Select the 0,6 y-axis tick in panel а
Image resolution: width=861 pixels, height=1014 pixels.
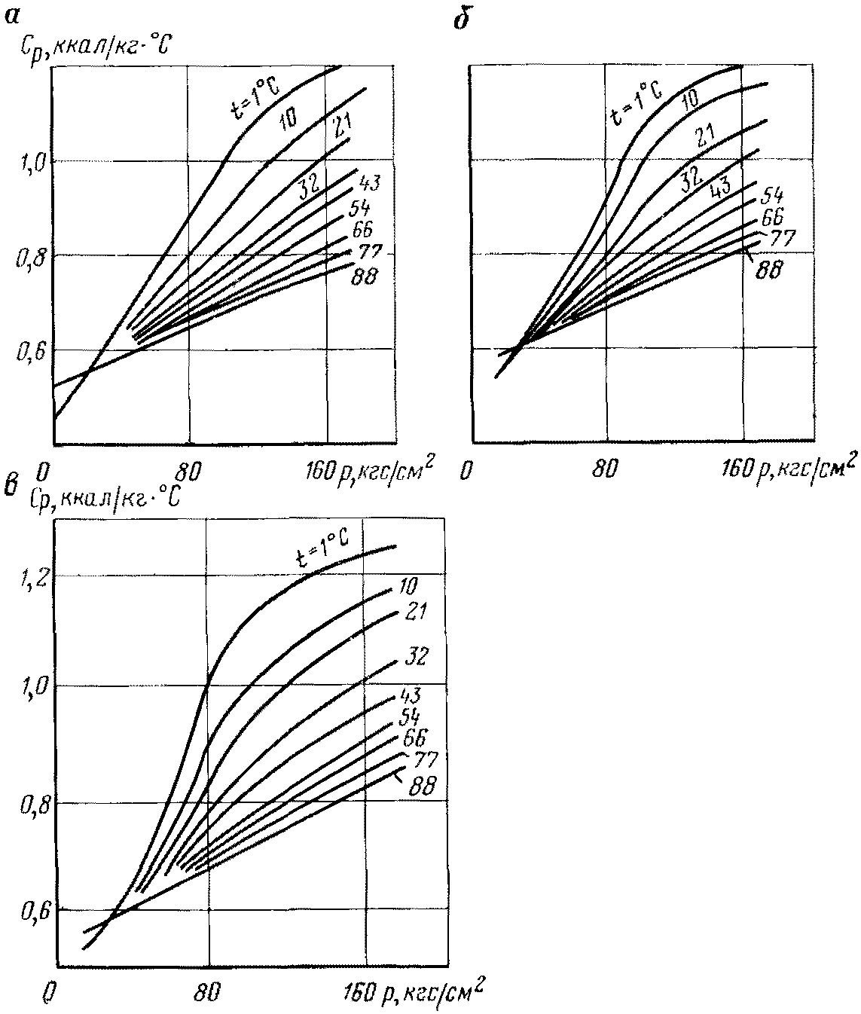(x=29, y=352)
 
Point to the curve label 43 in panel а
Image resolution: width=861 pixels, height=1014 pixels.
(x=369, y=184)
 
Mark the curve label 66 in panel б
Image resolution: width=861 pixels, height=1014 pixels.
(x=773, y=216)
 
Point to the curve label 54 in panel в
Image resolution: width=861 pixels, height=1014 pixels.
(x=410, y=716)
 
